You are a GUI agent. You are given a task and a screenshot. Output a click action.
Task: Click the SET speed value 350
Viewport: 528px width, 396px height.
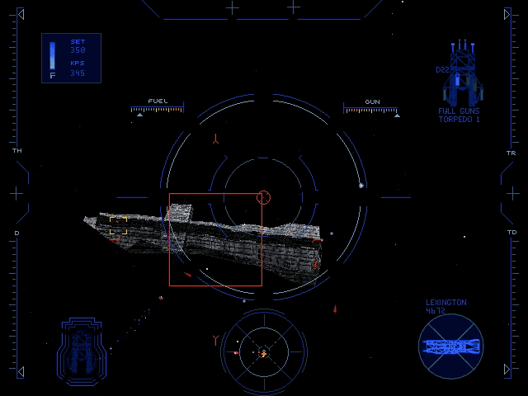[x=78, y=50]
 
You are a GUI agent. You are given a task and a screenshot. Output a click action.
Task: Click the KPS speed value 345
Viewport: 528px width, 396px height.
[x=78, y=73]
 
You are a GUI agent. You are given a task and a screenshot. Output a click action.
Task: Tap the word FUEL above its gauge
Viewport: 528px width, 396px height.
[x=157, y=101]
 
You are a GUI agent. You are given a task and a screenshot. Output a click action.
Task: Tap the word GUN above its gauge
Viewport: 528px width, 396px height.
[x=372, y=101]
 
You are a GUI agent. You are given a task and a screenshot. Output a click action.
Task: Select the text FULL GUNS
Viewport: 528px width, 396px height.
[x=459, y=111]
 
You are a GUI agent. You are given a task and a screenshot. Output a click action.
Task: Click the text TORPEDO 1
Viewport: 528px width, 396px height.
[x=459, y=120]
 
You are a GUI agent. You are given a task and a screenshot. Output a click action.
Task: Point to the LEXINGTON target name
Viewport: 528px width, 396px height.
[x=445, y=303]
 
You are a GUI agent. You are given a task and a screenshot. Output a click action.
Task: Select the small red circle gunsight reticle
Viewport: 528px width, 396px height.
[x=264, y=196]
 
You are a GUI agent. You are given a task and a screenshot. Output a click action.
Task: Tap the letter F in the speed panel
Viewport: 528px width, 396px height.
[x=52, y=76]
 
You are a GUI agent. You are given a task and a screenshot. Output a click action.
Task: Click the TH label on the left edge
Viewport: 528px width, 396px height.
[x=16, y=152]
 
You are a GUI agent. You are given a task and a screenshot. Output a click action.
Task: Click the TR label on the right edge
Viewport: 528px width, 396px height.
[x=511, y=153]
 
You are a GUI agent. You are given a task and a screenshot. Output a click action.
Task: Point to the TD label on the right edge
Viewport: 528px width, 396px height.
[x=511, y=233]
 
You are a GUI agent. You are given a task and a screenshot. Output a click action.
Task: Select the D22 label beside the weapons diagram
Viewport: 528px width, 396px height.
[x=442, y=70]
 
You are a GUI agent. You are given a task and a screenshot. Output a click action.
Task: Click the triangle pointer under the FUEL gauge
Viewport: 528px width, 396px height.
[x=139, y=115]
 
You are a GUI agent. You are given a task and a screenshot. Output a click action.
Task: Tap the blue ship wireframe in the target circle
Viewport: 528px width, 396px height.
[x=451, y=345]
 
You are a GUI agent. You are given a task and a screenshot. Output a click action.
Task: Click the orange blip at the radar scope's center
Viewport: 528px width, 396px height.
[x=263, y=353]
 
